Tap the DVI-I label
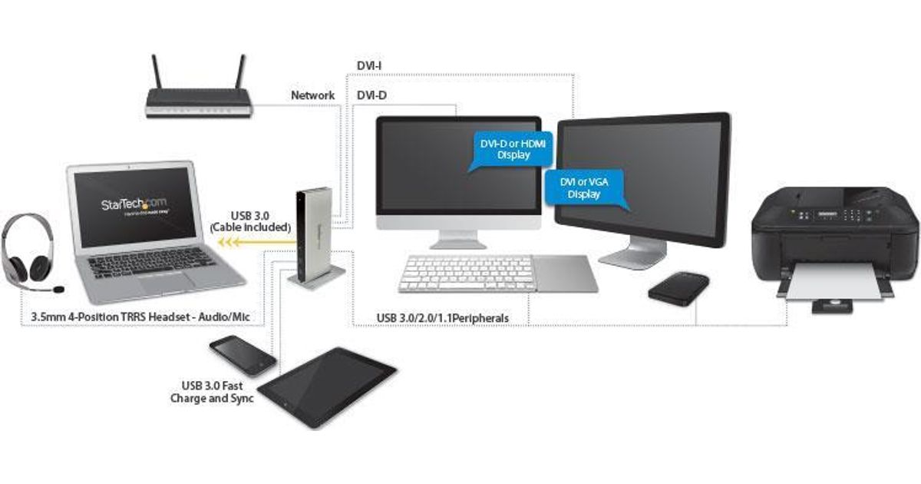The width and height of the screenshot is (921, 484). (x=371, y=66)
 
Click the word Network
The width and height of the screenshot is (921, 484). (x=312, y=95)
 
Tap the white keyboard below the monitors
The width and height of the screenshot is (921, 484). (x=465, y=273)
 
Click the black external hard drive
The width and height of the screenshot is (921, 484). (x=678, y=288)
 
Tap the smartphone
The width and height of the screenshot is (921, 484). (x=242, y=355)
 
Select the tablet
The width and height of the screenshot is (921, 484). (x=328, y=384)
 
